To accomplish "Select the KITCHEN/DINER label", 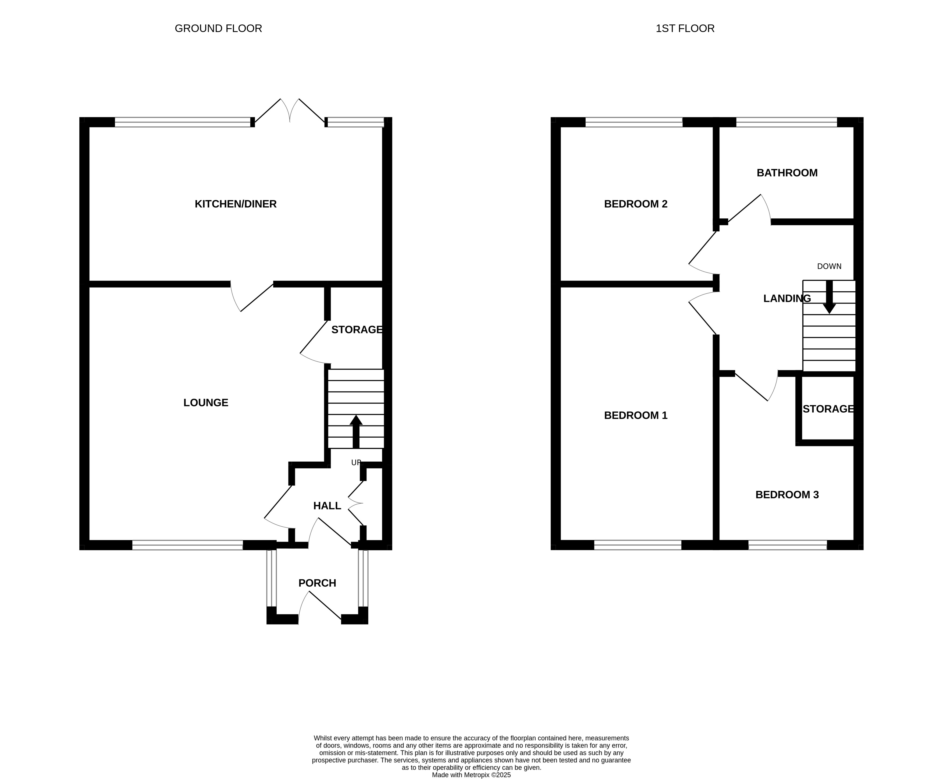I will pyautogui.click(x=236, y=204).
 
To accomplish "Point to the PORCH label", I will pyautogui.click(x=317, y=583).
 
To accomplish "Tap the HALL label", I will pyautogui.click(x=327, y=506).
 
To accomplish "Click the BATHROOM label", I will pyautogui.click(x=787, y=173).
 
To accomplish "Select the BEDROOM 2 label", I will pyautogui.click(x=636, y=204).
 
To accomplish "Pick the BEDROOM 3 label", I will pyautogui.click(x=787, y=494).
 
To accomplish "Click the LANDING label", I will pyautogui.click(x=787, y=298).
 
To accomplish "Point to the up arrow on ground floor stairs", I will pyautogui.click(x=356, y=431).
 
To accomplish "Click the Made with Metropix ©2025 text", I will pyautogui.click(x=471, y=774).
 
